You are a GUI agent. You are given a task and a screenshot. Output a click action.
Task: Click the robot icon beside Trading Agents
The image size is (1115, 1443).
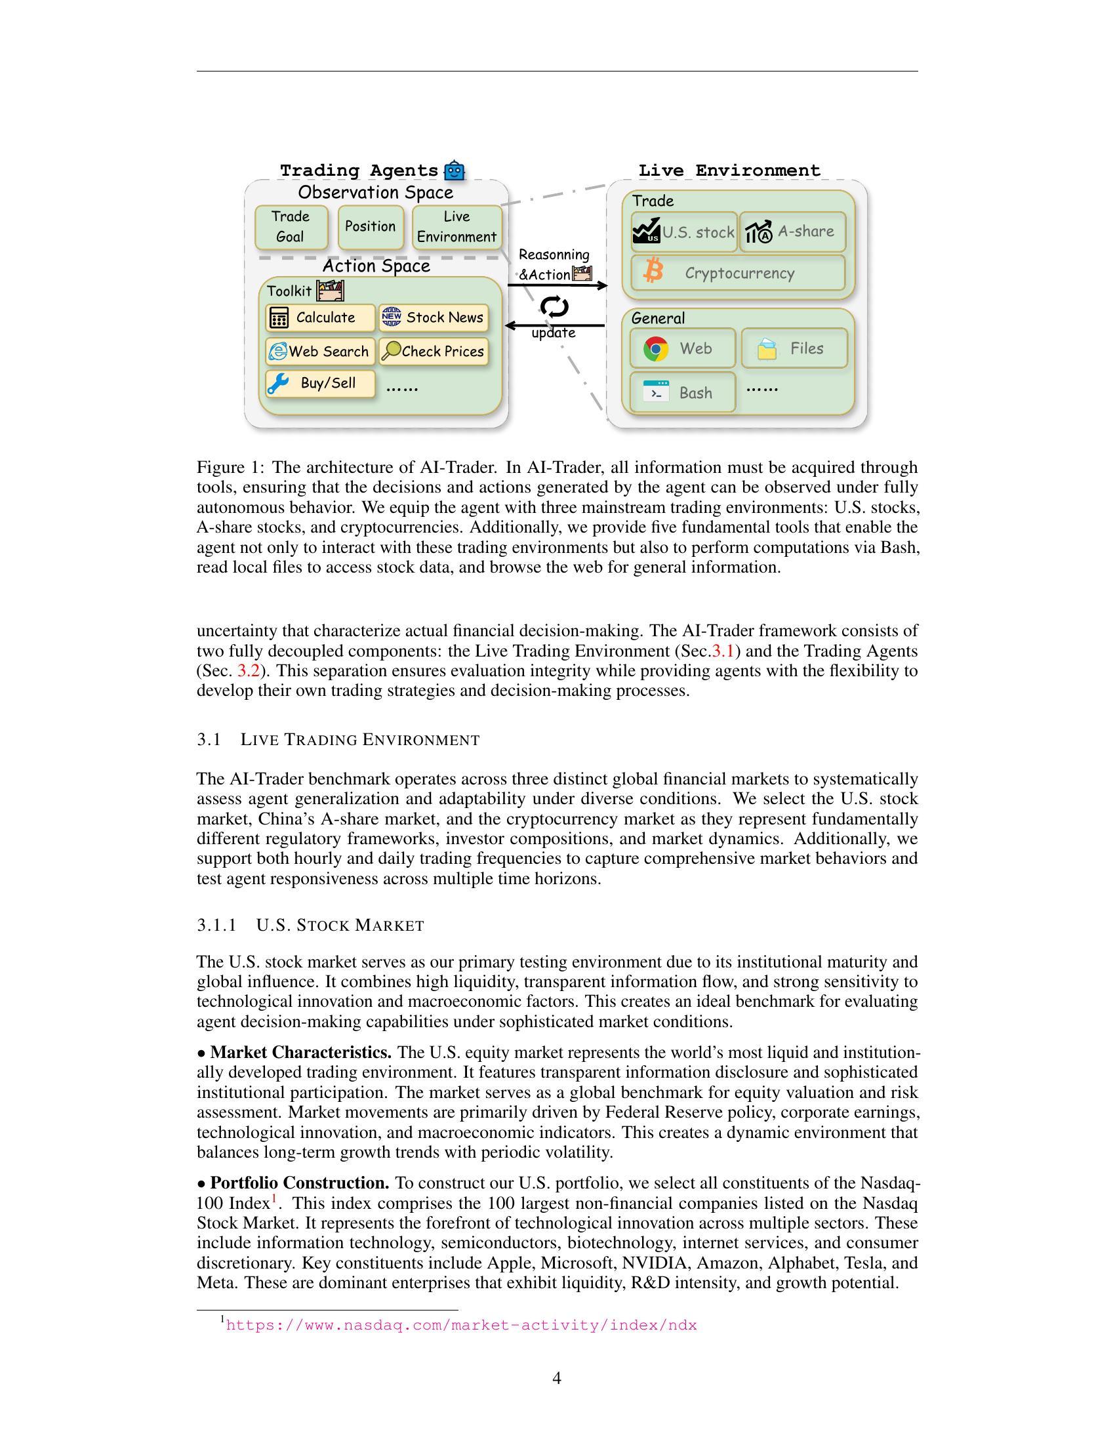(455, 171)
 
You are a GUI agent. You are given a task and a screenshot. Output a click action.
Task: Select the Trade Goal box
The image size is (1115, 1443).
(291, 227)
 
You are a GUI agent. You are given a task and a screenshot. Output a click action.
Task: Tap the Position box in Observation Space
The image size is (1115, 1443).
(370, 227)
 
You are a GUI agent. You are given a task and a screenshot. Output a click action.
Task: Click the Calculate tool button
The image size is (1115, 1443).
(320, 318)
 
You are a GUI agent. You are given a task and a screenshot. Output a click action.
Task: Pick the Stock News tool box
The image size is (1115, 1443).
(434, 318)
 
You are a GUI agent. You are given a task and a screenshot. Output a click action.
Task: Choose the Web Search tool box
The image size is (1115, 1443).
(320, 352)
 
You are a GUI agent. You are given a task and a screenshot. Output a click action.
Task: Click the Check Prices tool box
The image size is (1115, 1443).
(434, 352)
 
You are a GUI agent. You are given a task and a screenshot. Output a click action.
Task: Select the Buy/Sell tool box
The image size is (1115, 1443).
(320, 383)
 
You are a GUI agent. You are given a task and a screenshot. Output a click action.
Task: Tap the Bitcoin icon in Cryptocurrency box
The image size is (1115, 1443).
(653, 272)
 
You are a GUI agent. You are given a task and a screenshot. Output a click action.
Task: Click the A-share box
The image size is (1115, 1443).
(792, 232)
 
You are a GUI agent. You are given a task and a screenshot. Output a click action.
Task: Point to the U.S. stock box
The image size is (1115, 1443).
(683, 232)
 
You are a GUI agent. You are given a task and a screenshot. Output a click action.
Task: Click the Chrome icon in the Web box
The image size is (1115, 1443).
(655, 349)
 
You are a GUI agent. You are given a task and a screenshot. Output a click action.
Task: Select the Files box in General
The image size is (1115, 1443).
(794, 348)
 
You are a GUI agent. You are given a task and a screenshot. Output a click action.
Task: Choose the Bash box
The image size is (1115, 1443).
(682, 392)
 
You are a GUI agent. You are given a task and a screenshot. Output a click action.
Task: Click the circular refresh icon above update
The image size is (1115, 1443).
(554, 306)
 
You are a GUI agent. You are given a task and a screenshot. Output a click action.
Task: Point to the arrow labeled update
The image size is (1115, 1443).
(555, 325)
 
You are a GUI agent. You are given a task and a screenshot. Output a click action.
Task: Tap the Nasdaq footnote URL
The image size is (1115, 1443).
(461, 1325)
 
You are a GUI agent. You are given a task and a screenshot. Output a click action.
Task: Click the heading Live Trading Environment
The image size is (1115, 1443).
(360, 739)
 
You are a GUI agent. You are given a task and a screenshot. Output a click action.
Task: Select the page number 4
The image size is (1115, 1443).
(557, 1378)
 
